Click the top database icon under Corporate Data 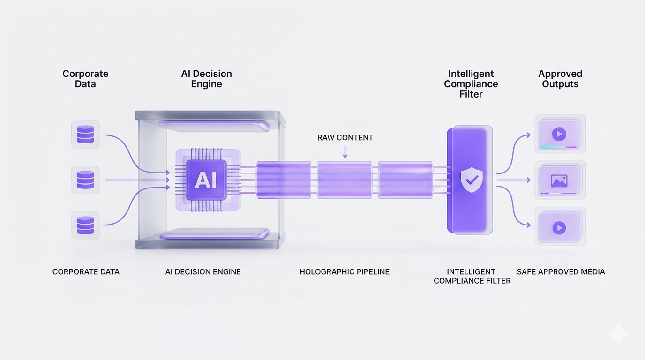pyautogui.click(x=85, y=134)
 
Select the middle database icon pyautogui.click(x=85, y=180)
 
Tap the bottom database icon pyautogui.click(x=85, y=225)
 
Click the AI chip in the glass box pyautogui.click(x=206, y=180)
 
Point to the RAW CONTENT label pyautogui.click(x=345, y=138)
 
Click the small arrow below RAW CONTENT pyautogui.click(x=345, y=151)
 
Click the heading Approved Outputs pyautogui.click(x=560, y=79)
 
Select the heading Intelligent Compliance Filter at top pyautogui.click(x=471, y=84)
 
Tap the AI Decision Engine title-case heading pyautogui.click(x=206, y=79)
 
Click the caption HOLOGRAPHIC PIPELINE pyautogui.click(x=345, y=272)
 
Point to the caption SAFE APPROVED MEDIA pyautogui.click(x=561, y=272)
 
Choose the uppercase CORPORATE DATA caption pyautogui.click(x=86, y=272)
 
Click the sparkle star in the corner pyautogui.click(x=619, y=334)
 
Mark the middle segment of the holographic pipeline pyautogui.click(x=345, y=180)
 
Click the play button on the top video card pyautogui.click(x=559, y=135)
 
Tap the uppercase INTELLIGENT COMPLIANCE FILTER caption pyautogui.click(x=472, y=276)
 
